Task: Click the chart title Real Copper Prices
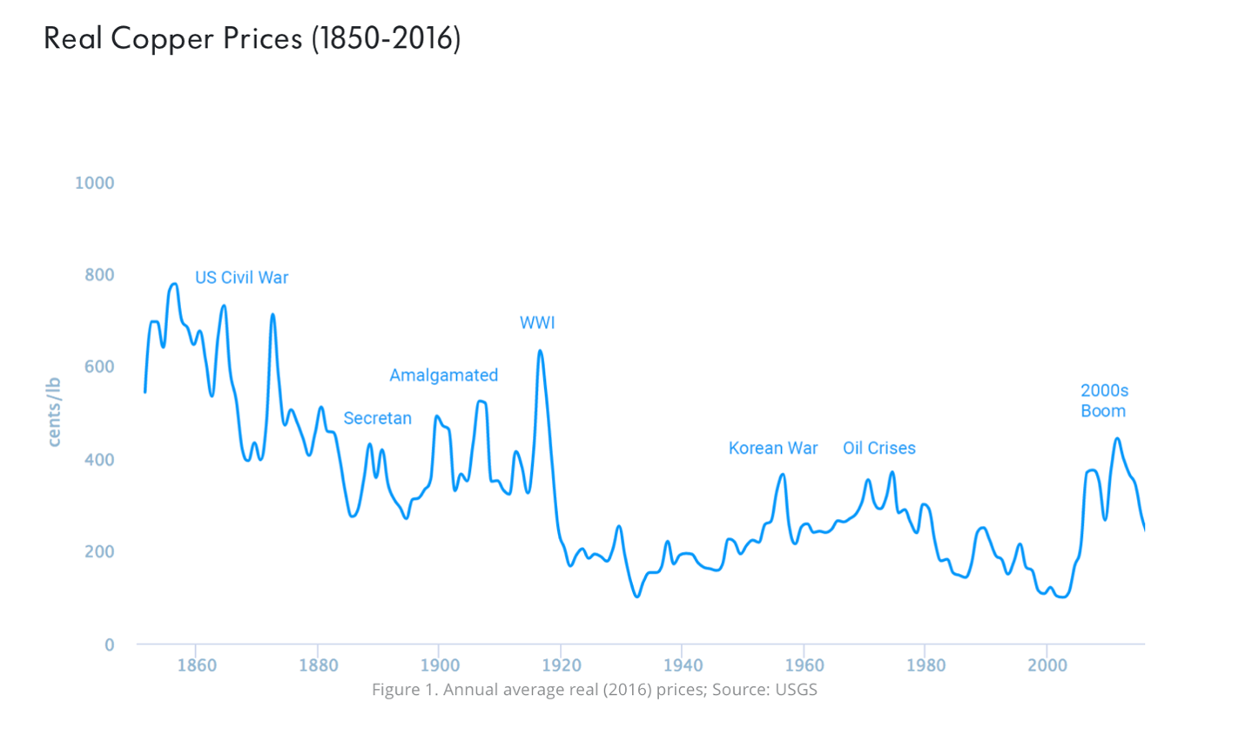(252, 39)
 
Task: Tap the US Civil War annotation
(241, 278)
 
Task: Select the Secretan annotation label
(377, 418)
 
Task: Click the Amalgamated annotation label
(443, 375)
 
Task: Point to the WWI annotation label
(537, 323)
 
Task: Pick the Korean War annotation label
(773, 449)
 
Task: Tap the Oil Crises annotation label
(878, 449)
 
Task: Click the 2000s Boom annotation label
(1104, 401)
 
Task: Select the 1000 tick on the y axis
(94, 183)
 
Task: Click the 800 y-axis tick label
(99, 275)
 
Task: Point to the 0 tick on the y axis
(109, 645)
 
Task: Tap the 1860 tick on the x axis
(196, 666)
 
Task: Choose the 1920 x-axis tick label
(561, 666)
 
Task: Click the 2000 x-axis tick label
(1046, 666)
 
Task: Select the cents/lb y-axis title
(54, 412)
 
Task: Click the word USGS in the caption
(795, 690)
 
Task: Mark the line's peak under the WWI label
(540, 351)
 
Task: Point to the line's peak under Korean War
(783, 475)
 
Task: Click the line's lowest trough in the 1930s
(637, 597)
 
